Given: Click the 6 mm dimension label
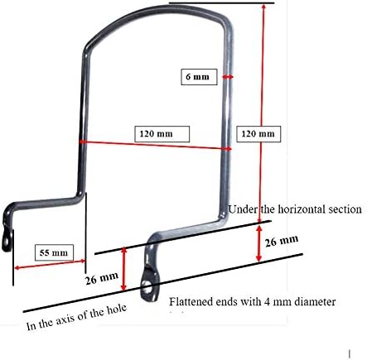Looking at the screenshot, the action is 198,76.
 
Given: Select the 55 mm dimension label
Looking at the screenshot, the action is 54,252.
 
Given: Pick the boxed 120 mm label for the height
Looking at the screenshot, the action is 258,134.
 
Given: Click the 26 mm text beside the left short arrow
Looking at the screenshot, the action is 102,278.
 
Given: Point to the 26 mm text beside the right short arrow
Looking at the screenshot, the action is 282,241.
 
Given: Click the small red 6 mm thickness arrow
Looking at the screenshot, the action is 228,77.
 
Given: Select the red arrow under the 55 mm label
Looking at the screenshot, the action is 50,264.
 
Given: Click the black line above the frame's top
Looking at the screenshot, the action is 222,3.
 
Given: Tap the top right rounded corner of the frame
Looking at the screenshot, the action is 225,17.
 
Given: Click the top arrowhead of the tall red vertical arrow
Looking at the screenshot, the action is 263,7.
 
